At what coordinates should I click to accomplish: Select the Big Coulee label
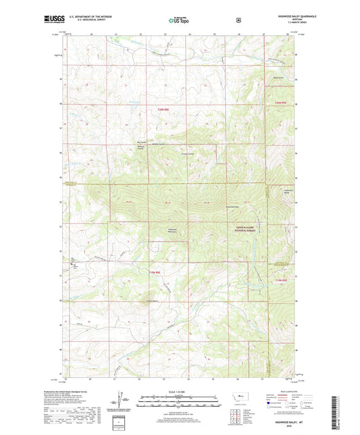click(141, 142)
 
